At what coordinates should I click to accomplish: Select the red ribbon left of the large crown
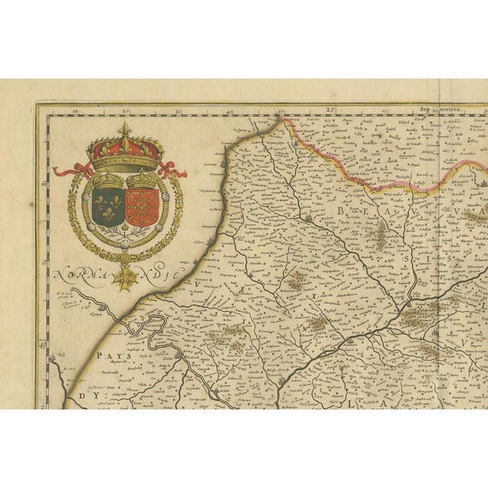pos(73,169)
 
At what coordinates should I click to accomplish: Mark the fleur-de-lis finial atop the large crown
pos(125,129)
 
